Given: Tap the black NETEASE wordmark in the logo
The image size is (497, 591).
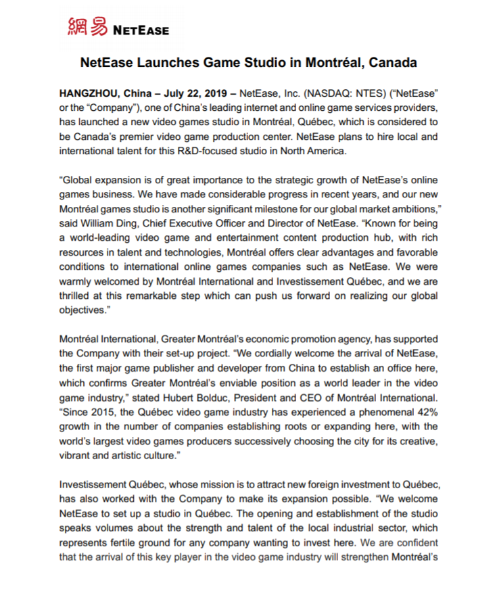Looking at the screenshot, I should coord(141,30).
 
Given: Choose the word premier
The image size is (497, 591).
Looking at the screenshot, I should coord(157,137).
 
